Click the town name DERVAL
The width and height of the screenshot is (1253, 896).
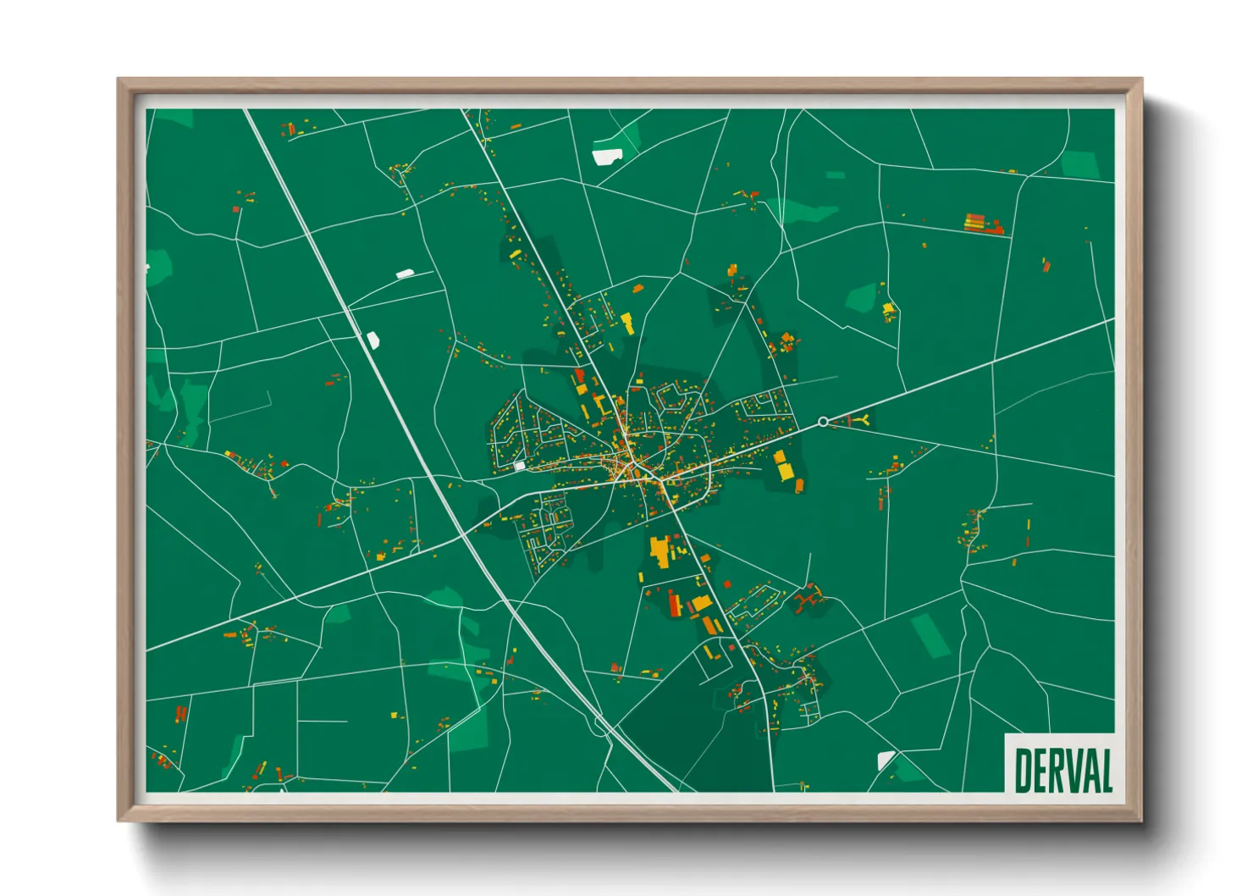pyautogui.click(x=1063, y=770)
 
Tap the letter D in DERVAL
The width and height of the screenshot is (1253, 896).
pyautogui.click(x=1024, y=770)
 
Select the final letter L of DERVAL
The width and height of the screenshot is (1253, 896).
pyautogui.click(x=1104, y=770)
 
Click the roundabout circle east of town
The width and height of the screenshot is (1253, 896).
pyautogui.click(x=823, y=422)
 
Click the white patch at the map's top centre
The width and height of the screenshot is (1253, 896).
pyautogui.click(x=607, y=156)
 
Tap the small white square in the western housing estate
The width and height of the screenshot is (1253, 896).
pyautogui.click(x=519, y=466)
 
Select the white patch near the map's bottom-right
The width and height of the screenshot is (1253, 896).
pyautogui.click(x=886, y=759)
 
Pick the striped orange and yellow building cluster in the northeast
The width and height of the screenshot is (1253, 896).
pyautogui.click(x=982, y=224)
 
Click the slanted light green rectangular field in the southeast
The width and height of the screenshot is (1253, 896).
pyautogui.click(x=931, y=635)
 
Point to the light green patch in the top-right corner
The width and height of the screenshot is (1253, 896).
pyautogui.click(x=1080, y=164)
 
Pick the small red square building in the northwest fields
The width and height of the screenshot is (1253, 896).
pyautogui.click(x=237, y=208)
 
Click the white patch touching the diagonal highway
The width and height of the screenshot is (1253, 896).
pyautogui.click(x=373, y=340)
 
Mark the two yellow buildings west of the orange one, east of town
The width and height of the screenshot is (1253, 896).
pyautogui.click(x=781, y=465)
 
